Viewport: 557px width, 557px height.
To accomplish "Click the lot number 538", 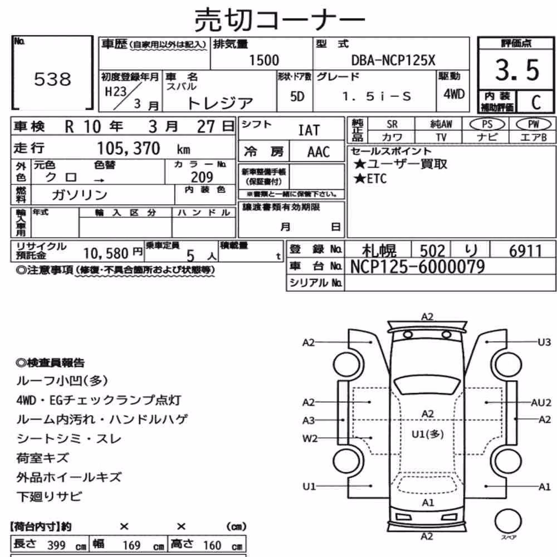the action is coord(52,79).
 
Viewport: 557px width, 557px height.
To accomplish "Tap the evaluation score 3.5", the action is coord(517,70).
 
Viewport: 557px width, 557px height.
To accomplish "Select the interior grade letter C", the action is coord(536,102).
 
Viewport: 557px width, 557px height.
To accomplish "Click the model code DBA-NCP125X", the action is coord(393,60).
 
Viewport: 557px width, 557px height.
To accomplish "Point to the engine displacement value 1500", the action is coord(264,60).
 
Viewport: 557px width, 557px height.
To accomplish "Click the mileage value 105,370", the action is coord(129,149).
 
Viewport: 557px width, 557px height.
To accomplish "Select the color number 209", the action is coord(202,177).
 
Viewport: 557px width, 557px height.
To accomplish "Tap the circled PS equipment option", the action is coord(487,124).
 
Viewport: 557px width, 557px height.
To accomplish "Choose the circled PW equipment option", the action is coord(533,124).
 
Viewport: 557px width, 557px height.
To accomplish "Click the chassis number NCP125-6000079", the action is coord(417,267).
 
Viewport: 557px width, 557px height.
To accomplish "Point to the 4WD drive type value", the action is coord(453,94).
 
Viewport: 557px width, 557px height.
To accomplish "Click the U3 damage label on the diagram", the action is coord(544,342).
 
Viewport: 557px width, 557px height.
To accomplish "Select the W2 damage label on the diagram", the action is coord(310,438).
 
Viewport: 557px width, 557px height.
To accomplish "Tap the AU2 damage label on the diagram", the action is coord(541,403).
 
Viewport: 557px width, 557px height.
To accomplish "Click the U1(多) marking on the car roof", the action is coord(427,434).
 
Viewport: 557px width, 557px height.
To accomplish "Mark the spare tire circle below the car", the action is coord(508,521).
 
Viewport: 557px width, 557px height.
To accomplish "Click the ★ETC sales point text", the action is coord(370,178).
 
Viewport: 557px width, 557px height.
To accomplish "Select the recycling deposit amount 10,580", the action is coord(106,253).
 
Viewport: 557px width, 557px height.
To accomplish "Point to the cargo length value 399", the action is coord(56,545).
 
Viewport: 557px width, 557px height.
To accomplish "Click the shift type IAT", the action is coord(309,130).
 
